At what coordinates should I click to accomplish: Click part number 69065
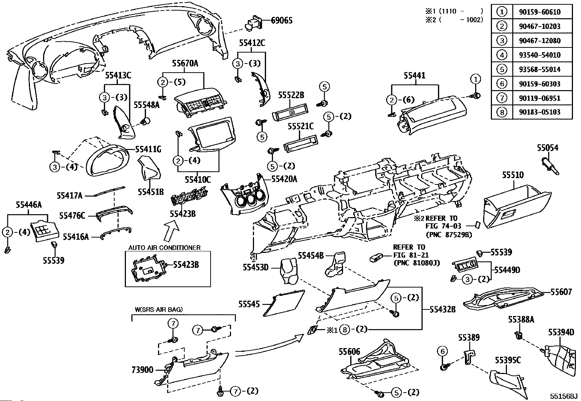pyautogui.click(x=281, y=20)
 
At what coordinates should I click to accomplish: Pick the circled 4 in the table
pyautogui.click(x=502, y=55)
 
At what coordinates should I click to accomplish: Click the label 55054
pyautogui.click(x=547, y=148)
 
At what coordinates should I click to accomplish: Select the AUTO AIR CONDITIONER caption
pyautogui.click(x=164, y=248)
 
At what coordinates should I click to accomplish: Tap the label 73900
pyautogui.click(x=142, y=370)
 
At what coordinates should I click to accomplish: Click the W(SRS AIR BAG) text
pyautogui.click(x=159, y=309)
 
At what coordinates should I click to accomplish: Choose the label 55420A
pyautogui.click(x=284, y=179)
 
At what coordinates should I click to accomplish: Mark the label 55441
pyautogui.click(x=414, y=76)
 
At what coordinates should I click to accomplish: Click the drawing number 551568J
pyautogui.click(x=564, y=396)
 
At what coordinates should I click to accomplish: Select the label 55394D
pyautogui.click(x=561, y=332)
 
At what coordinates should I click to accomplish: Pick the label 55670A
pyautogui.click(x=185, y=63)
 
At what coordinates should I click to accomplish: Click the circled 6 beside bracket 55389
pyautogui.click(x=442, y=351)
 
